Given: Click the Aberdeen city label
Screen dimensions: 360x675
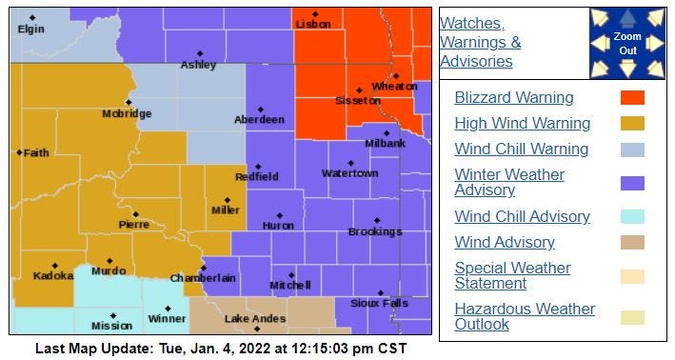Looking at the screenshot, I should [259, 120].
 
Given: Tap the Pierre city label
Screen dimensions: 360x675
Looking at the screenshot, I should [133, 225].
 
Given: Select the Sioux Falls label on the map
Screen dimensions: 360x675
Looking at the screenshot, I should [372, 303].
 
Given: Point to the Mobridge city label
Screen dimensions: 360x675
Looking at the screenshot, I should [127, 114].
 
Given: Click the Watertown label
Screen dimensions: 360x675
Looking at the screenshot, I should [349, 173].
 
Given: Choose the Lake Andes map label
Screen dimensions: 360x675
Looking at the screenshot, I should [250, 319].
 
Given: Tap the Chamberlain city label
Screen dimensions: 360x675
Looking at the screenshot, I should [202, 278].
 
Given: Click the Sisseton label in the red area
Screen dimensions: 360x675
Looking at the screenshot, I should [358, 100].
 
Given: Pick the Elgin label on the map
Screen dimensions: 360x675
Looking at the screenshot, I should [30, 29].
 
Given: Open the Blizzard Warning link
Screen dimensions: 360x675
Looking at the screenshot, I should [513, 97].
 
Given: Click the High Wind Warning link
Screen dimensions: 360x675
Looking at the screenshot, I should [522, 123].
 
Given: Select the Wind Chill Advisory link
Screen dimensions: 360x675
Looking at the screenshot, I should [522, 216].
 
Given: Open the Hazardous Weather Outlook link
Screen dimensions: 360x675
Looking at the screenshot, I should [525, 316].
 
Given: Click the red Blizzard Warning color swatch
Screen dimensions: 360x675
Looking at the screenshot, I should [632, 97].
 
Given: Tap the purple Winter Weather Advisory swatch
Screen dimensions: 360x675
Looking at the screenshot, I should [632, 183].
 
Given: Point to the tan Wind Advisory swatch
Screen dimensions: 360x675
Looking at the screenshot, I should [632, 242].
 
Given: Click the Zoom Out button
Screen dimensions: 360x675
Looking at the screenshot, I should [627, 43].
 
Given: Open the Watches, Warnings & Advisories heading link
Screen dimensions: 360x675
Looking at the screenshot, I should [480, 42].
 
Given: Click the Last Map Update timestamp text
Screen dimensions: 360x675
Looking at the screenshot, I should [221, 349].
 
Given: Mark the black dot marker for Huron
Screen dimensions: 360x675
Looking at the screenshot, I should [279, 215].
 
